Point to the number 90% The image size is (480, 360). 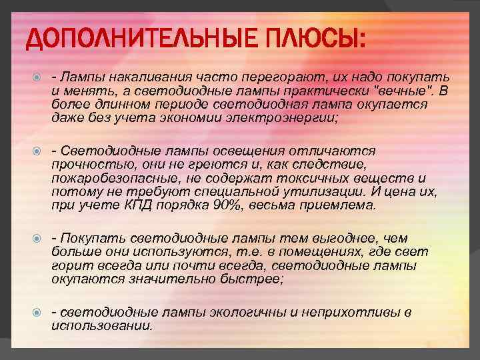pyautogui.click(x=225, y=205)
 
